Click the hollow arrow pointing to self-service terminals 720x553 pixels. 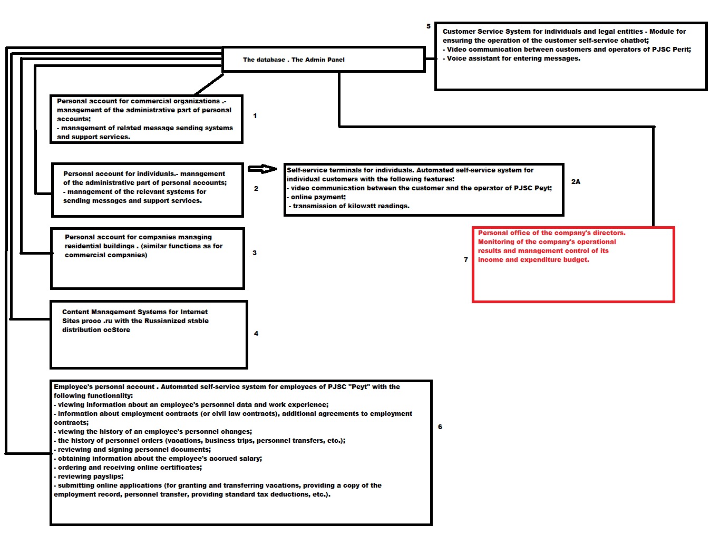[x=262, y=169]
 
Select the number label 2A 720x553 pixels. [x=576, y=181]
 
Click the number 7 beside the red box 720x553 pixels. [x=466, y=260]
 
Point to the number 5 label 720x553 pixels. [x=429, y=26]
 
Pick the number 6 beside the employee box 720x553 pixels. [x=440, y=427]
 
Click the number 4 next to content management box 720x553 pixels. [x=256, y=333]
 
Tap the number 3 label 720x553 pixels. [x=255, y=253]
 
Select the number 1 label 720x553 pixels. [x=255, y=116]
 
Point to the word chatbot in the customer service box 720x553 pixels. [x=634, y=41]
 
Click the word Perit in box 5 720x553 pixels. [x=682, y=50]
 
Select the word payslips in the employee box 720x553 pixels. [x=108, y=477]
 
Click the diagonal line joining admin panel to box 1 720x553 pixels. [x=209, y=85]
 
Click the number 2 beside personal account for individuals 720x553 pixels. [x=256, y=189]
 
